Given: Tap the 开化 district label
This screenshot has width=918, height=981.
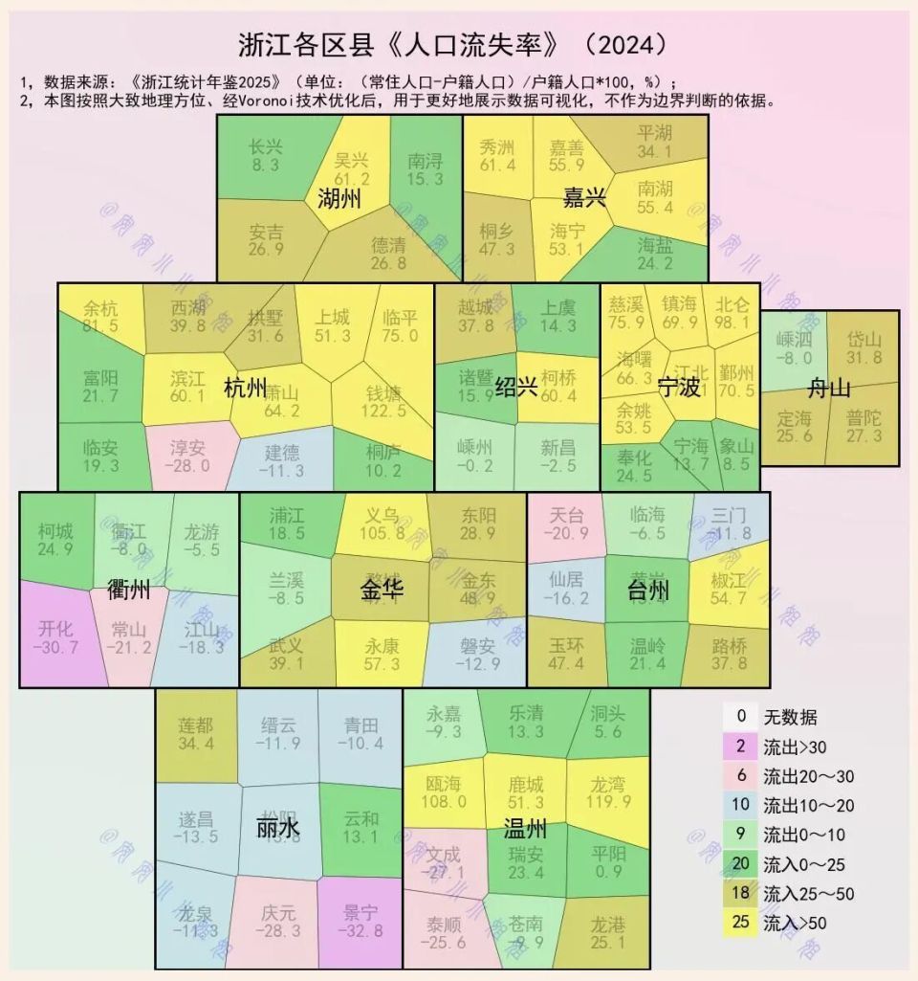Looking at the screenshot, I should [56, 628].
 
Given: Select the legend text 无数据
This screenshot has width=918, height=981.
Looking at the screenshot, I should [790, 717].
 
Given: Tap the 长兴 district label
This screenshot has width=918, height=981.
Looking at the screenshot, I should [265, 147].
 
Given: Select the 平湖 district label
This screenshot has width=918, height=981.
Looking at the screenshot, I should [654, 132].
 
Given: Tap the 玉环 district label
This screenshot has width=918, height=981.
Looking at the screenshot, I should [567, 641].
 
